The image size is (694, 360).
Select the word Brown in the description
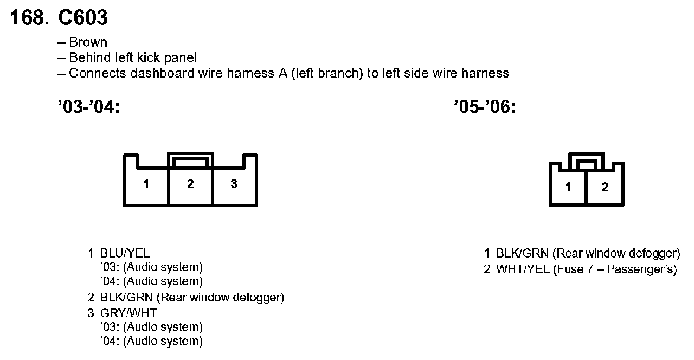pos(88,42)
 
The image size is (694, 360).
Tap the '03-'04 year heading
pos(87,107)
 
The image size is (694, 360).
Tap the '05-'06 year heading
pos(484,107)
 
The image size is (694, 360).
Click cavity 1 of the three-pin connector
pos(146,184)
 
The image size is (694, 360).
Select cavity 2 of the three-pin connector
pos(190,184)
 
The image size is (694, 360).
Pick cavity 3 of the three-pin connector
pos(234,184)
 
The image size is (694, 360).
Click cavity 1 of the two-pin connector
pos(568,188)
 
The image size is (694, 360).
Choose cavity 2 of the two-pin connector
pos(605,188)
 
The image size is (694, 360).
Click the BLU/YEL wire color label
pos(125,253)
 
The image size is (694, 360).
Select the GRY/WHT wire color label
pos(128,313)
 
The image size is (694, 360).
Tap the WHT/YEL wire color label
pos(523,269)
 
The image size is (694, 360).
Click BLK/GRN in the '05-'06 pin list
pos(523,253)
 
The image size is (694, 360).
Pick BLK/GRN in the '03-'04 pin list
pos(127,297)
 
